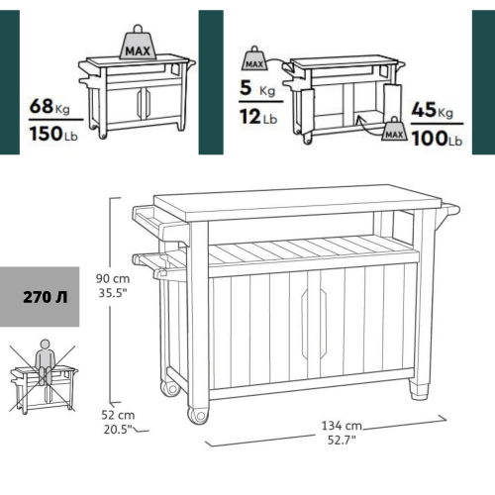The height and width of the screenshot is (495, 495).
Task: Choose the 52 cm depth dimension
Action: (x=117, y=414)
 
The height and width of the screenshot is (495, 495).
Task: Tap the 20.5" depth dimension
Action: (x=117, y=430)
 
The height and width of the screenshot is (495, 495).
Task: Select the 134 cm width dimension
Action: (x=339, y=425)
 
